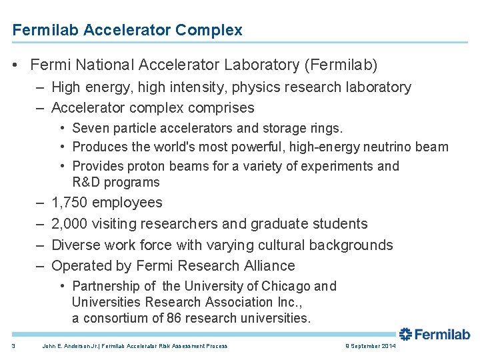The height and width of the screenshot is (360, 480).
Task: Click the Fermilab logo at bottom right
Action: [x=435, y=334]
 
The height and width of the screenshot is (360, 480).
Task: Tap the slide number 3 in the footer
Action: [x=14, y=346]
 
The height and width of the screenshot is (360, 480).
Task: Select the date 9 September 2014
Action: [x=371, y=346]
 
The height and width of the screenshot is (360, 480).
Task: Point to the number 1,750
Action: [x=69, y=203]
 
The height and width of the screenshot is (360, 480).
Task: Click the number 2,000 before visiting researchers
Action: [x=69, y=224]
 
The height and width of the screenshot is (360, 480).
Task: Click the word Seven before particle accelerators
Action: [x=91, y=128]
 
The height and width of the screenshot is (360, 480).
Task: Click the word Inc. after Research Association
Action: [x=289, y=302]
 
